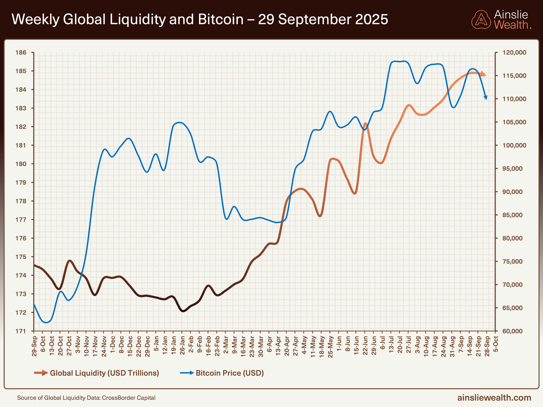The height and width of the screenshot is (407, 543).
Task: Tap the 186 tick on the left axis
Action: [21, 53]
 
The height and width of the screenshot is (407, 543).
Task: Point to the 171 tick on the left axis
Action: [21, 331]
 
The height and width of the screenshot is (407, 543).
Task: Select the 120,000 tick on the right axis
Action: [514, 53]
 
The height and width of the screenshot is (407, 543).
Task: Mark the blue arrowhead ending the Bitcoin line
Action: [485, 97]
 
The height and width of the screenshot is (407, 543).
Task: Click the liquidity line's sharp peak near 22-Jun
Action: [365, 123]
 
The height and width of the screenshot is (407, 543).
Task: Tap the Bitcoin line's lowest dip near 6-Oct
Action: [46, 322]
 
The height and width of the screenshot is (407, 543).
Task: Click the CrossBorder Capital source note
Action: [86, 398]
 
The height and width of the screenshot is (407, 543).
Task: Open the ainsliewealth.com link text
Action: [494, 398]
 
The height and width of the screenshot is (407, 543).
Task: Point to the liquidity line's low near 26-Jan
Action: [183, 311]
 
